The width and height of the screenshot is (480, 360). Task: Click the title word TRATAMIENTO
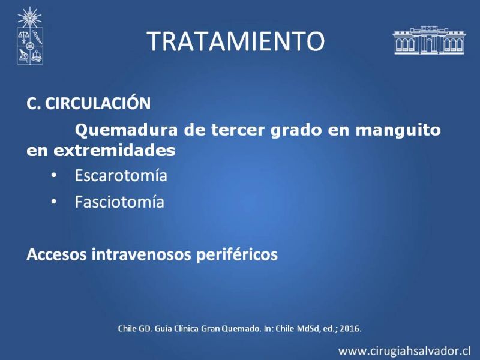coord(235,41)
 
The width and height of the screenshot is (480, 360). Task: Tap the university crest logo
coord(29,36)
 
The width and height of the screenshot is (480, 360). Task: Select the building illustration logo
coord(429,40)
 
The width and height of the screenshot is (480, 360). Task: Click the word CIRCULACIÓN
coord(98,103)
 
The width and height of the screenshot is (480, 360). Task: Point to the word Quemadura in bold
coord(126,130)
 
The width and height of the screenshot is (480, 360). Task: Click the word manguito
coord(398,130)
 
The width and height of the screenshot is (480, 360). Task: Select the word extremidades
coord(115,151)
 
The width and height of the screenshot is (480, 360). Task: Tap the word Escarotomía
coord(121,175)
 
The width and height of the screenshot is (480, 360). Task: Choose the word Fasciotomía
coord(119,202)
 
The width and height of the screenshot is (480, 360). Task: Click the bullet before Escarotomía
coord(54,176)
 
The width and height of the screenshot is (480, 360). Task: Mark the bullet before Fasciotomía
coord(54,202)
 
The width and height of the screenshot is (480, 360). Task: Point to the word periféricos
coord(236,255)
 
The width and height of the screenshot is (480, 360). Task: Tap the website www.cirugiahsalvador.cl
coord(404,351)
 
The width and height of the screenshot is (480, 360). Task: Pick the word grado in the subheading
coord(296,131)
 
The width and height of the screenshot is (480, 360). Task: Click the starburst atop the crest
coord(29,17)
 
